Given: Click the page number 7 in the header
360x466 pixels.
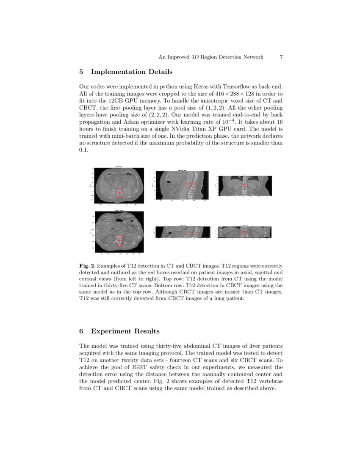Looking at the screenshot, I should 281,57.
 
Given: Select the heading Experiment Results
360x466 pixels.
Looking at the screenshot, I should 125,331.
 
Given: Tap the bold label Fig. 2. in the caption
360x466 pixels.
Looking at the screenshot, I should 88,266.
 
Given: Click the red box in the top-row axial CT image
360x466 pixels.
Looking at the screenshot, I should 119,193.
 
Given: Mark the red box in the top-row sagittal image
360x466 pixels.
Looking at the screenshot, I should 191,185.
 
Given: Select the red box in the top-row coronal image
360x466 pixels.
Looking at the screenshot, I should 244,185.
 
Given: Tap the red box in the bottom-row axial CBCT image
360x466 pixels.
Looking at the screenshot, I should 119,240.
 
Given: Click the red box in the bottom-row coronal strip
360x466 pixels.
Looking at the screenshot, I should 244,233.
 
